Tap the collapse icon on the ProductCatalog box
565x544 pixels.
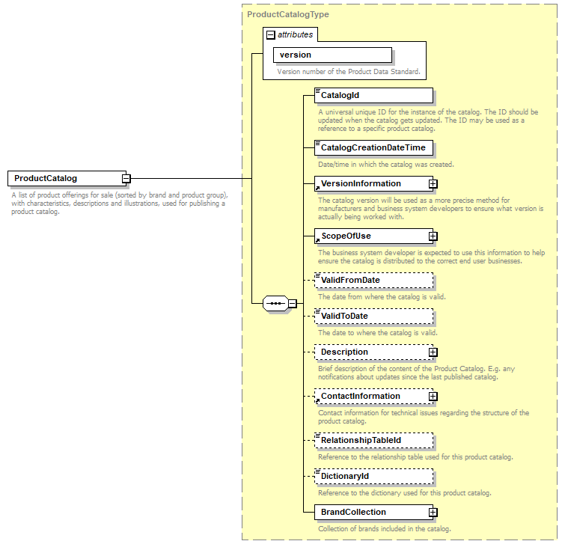click(126, 178)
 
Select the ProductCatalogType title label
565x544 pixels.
click(288, 14)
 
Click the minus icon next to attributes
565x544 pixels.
click(270, 34)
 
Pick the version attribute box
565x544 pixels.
click(332, 55)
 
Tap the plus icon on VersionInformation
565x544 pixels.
click(433, 183)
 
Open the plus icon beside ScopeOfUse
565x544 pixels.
click(433, 236)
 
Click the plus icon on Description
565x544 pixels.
click(433, 352)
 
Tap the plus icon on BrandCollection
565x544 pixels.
click(433, 512)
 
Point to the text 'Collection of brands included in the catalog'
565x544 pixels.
click(384, 529)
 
